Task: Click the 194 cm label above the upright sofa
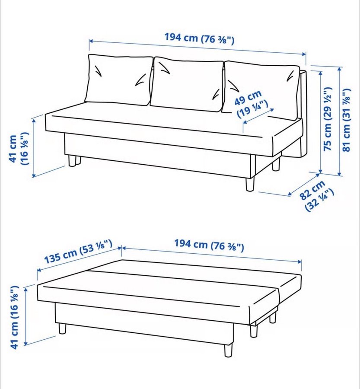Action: [200, 38]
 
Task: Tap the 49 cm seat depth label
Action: [252, 104]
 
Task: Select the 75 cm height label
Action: [328, 119]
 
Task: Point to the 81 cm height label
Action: [347, 120]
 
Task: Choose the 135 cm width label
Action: [78, 251]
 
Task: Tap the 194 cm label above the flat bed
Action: [209, 245]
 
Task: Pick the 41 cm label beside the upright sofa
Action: [19, 149]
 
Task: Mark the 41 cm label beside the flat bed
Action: [14, 318]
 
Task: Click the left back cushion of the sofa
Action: [118, 80]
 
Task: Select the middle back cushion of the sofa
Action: [187, 84]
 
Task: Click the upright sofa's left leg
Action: [74, 161]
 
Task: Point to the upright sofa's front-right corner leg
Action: [250, 184]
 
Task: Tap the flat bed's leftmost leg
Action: [62, 328]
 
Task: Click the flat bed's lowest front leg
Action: [228, 350]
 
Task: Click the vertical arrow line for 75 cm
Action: [320, 122]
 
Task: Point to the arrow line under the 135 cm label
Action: [79, 258]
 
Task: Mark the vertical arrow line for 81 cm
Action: [340, 121]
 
